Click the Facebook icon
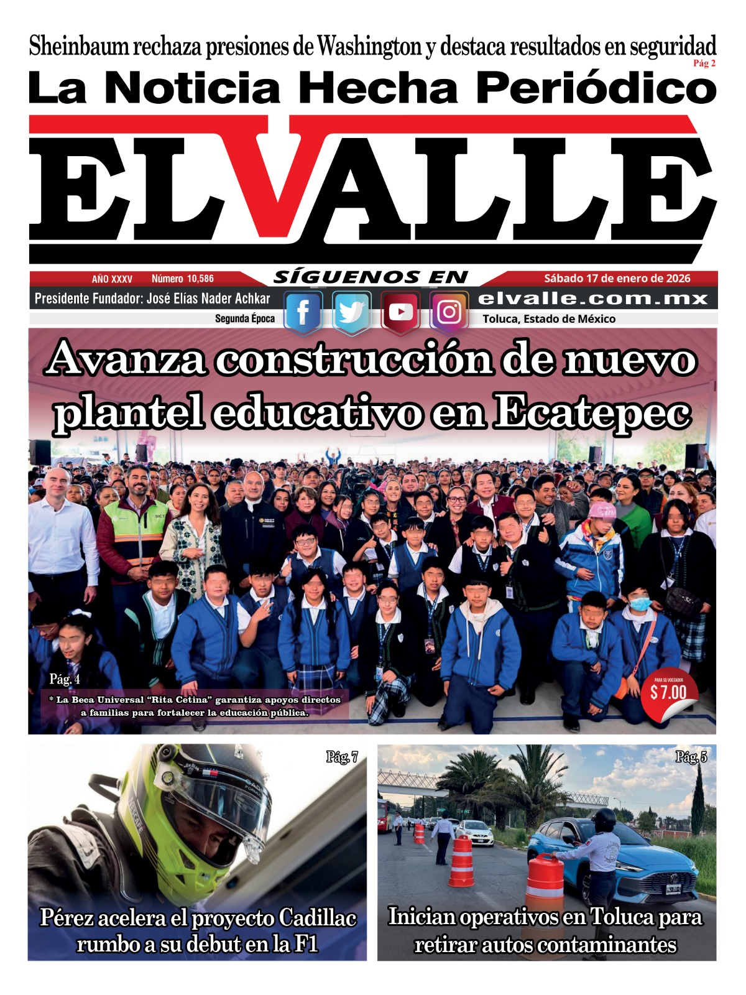[303, 312]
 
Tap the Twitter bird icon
[351, 312]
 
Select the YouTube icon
[400, 312]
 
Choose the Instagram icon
[449, 312]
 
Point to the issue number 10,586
[183, 279]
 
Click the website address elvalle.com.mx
[593, 298]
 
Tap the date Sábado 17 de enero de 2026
[617, 279]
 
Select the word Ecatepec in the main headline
[592, 412]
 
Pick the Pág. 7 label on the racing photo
[342, 757]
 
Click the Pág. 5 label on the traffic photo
[691, 757]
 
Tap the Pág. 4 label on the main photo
[65, 678]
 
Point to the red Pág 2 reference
[704, 63]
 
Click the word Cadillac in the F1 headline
[317, 918]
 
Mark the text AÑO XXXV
[112, 279]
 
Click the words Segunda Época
[244, 318]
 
